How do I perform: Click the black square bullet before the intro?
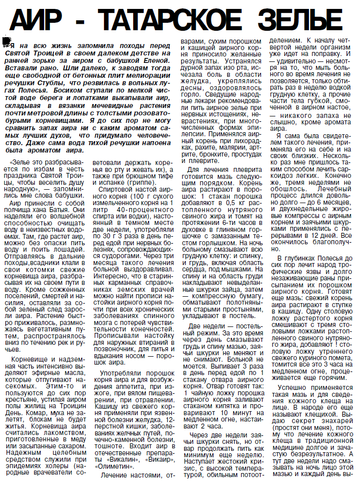(6, 40)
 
